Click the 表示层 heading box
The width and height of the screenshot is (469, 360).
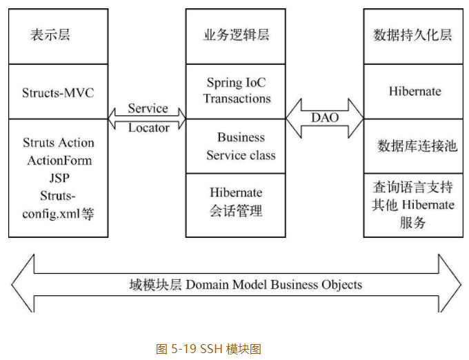[x=58, y=36]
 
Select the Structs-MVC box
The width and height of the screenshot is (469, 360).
[x=58, y=92]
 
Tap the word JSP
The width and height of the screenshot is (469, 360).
[x=58, y=178]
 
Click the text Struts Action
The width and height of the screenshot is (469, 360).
[x=58, y=143]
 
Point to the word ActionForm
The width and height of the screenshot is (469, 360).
[x=59, y=161]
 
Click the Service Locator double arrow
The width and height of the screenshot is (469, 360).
[x=148, y=118]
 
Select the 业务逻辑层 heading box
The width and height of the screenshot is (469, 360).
[x=236, y=36]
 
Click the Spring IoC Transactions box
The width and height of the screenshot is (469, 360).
[x=236, y=90]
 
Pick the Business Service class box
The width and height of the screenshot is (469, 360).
[x=236, y=146]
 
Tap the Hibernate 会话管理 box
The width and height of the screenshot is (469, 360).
[x=236, y=202]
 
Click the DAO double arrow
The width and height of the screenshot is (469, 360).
[x=325, y=117]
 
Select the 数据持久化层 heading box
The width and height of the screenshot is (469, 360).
[x=412, y=36]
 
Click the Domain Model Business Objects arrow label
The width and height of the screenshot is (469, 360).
[x=245, y=284]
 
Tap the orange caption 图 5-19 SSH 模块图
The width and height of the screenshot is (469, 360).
[x=208, y=349]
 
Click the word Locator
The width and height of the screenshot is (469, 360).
[x=148, y=128]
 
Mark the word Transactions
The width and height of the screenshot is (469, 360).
[x=237, y=99]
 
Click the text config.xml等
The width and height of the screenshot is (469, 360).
[x=58, y=214]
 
